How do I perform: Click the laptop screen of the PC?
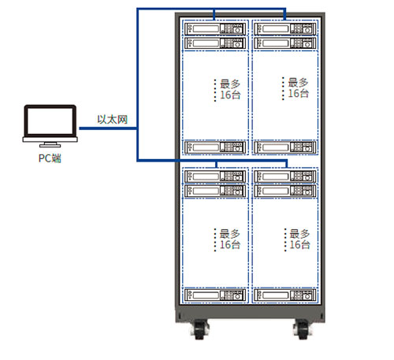50,121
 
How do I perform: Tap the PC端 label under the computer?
50,158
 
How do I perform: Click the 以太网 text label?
113,120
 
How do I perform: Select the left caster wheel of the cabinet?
200,329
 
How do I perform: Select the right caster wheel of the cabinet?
303,329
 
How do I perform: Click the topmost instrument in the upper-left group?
215,28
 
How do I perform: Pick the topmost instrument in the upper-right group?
284,28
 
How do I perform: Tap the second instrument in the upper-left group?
215,43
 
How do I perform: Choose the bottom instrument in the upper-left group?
215,147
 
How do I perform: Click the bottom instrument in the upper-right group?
284,147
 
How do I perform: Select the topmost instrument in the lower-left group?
215,176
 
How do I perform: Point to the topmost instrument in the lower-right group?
284,176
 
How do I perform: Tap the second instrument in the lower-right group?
284,191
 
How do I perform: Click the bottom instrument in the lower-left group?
215,295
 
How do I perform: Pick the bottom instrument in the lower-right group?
284,295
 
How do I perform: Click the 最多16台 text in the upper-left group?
230,89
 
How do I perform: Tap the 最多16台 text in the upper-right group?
298,87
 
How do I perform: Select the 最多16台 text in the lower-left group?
230,239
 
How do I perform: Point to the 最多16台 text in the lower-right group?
299,239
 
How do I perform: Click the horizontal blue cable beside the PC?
108,128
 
